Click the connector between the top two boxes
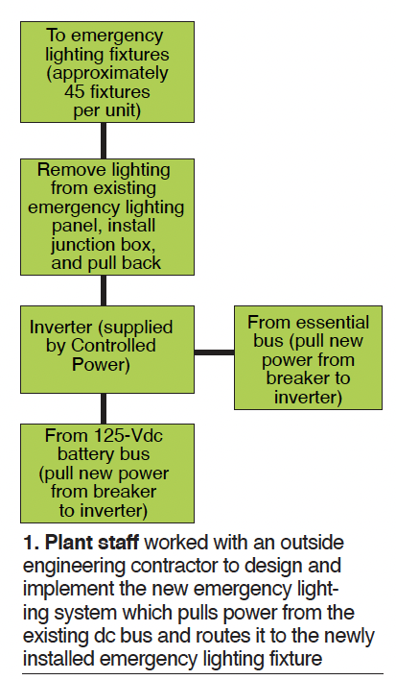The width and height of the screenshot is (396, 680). click(104, 140)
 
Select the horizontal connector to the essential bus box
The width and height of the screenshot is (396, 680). click(214, 352)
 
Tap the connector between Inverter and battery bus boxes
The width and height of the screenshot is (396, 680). click(104, 408)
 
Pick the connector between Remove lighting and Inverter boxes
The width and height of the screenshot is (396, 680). click(104, 291)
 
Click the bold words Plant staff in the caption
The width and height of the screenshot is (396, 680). click(92, 543)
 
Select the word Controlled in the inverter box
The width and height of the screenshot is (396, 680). click(113, 346)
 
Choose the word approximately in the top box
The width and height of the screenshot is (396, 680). click(107, 74)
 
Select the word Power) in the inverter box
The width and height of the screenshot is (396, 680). click(101, 365)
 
